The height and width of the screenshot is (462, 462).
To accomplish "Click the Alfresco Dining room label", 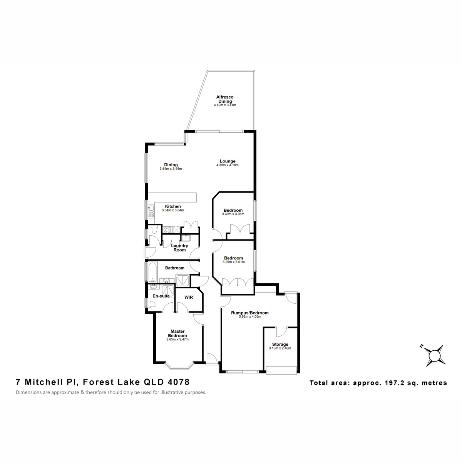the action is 224,99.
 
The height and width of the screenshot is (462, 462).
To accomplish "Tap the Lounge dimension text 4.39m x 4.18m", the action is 227,165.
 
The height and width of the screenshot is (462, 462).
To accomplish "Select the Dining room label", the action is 171,165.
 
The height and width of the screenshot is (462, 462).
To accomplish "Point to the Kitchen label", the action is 173,206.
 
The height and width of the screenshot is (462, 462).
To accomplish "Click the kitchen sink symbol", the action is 151,209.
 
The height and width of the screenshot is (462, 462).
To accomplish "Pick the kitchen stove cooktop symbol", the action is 167,229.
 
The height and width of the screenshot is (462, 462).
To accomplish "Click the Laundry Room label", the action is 179,248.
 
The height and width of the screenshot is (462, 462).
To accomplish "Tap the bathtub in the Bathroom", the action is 152,272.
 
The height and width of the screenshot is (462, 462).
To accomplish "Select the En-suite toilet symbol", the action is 152,305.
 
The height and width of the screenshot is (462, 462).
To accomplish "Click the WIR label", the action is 189,297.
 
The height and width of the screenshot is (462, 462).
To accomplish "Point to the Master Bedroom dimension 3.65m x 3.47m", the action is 177,339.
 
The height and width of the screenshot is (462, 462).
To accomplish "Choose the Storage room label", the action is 280,344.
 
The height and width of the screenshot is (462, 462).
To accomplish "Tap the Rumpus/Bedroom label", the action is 250,313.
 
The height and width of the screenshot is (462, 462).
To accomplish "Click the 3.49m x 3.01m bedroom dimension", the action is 233,214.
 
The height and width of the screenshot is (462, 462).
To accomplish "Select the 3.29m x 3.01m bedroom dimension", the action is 234,262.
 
